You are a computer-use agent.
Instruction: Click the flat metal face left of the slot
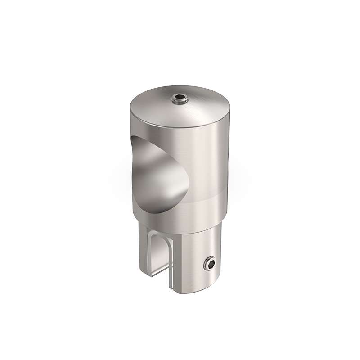tap(144, 252)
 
